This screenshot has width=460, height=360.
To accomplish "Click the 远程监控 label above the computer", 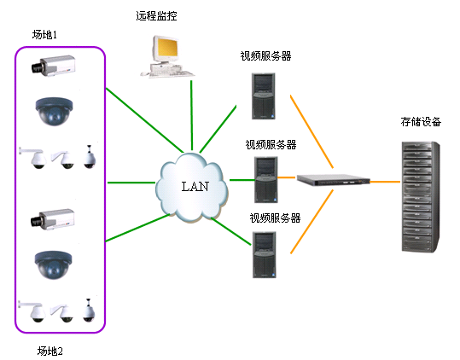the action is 156,16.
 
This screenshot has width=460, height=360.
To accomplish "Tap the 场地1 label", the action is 44,35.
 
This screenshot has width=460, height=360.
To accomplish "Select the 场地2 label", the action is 49,351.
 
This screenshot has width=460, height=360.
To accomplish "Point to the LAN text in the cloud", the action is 195,187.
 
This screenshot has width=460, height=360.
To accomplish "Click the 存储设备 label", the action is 421,122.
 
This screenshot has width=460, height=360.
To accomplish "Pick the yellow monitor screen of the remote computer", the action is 167,48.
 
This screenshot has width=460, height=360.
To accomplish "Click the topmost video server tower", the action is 264,96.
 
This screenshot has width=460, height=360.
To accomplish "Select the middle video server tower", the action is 266,180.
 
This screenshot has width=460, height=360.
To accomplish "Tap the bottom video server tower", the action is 265,254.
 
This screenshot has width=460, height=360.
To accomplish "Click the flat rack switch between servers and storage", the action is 334,179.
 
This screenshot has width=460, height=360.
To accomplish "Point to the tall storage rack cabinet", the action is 421,197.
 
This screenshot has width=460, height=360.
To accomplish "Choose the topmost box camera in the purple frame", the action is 54,66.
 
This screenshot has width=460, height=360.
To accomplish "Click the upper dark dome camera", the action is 54,112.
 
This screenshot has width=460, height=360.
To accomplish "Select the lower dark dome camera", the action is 53,264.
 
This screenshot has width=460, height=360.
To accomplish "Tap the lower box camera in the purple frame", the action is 53,219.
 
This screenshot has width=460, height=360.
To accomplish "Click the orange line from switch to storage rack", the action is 385,182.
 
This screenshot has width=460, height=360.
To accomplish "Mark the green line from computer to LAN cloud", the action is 191,115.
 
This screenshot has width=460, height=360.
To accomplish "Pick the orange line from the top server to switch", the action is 312,131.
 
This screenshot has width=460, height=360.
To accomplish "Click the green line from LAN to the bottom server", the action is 231,231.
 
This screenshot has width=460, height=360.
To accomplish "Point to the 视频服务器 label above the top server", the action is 265,56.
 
